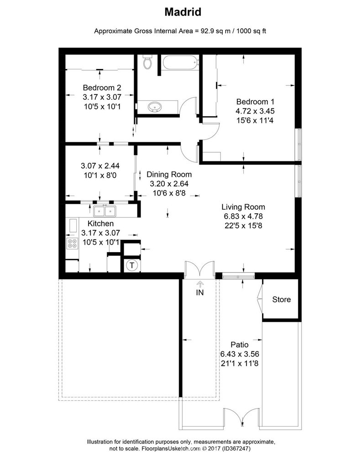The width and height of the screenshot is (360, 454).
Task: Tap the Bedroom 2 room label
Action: [101, 88]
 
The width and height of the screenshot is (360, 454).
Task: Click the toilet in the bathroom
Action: [147, 62]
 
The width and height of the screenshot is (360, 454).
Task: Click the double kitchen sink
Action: [105, 211]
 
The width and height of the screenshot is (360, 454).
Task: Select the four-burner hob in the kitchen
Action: [72, 243]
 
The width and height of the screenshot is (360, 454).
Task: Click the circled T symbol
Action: [131, 265]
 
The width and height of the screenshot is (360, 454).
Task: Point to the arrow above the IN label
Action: [200, 284]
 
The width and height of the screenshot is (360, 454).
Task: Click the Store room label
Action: [281, 299]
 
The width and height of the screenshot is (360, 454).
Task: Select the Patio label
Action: [239, 345]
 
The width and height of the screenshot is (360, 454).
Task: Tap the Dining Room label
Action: [169, 174]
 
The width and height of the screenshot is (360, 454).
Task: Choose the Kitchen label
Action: [100, 224]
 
